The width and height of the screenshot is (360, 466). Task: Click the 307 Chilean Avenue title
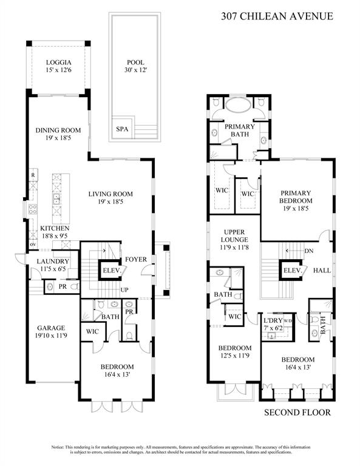277,16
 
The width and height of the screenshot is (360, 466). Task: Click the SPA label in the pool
123,129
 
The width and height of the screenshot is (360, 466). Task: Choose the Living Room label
110,194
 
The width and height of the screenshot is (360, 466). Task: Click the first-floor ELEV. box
110,271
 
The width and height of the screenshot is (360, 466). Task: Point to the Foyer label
134,260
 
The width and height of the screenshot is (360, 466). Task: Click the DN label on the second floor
309,251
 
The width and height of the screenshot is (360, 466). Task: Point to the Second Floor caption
297,413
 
